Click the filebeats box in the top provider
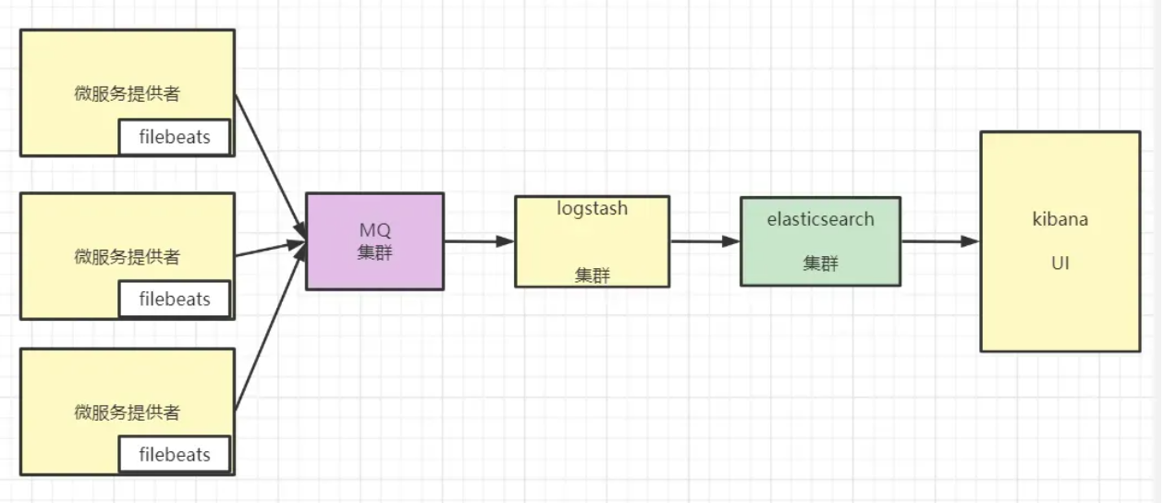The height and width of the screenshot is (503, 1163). [x=175, y=138]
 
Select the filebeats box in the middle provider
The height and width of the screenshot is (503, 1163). [x=175, y=299]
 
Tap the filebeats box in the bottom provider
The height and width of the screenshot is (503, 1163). [x=175, y=454]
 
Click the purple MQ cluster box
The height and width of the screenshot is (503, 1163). [x=374, y=240]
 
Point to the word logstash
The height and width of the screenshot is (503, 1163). [x=592, y=208]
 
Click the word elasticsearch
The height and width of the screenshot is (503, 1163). [x=820, y=220]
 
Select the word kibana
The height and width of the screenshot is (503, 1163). [x=1059, y=220]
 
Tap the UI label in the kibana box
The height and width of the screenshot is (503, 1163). [x=1059, y=264]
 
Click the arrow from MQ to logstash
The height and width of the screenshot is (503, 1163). [x=479, y=241]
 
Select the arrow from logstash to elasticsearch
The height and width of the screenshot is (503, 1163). [x=704, y=241]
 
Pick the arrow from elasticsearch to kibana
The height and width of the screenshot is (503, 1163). [x=939, y=241]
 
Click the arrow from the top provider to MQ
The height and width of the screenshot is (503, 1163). [x=269, y=162]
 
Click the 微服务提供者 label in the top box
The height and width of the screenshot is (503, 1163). [x=127, y=94]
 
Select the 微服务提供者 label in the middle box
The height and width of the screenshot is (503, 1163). [x=127, y=257]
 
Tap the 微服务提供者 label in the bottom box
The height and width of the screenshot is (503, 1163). [x=127, y=412]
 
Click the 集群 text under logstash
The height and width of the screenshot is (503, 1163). [x=592, y=275]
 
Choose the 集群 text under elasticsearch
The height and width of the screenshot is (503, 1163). [x=820, y=264]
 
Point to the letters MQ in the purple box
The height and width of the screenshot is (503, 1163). [x=375, y=229]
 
